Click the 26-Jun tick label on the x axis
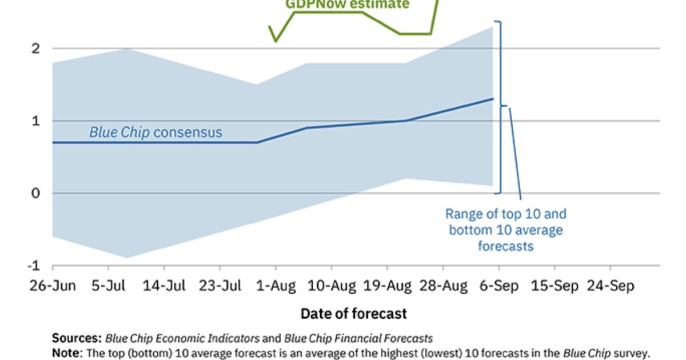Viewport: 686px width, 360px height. pyautogui.click(x=52, y=286)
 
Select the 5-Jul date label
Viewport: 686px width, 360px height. pyautogui.click(x=108, y=286)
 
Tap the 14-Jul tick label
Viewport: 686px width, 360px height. pyautogui.click(x=164, y=286)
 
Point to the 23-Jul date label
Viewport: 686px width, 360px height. pyautogui.click(x=220, y=286)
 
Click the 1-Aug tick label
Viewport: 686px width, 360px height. pyautogui.click(x=276, y=286)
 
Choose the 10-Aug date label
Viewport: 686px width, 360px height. pyautogui.click(x=332, y=286)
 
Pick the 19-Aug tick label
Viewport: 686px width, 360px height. pyautogui.click(x=388, y=286)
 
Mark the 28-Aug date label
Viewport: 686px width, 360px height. pyautogui.click(x=443, y=286)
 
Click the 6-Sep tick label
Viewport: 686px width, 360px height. pyautogui.click(x=499, y=286)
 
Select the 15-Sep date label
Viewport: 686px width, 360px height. pyautogui.click(x=555, y=286)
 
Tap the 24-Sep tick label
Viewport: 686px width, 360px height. pyautogui.click(x=611, y=286)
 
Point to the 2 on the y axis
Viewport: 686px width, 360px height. pyautogui.click(x=35, y=49)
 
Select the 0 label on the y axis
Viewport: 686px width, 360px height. pyautogui.click(x=35, y=193)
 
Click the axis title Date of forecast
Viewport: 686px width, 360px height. pyautogui.click(x=353, y=314)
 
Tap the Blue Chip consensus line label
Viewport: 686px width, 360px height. pyautogui.click(x=155, y=133)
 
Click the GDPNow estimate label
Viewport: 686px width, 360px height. pyautogui.click(x=347, y=5)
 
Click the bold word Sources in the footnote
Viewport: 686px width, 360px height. pyautogui.click(x=77, y=338)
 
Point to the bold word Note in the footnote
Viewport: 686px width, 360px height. pyautogui.click(x=66, y=353)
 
